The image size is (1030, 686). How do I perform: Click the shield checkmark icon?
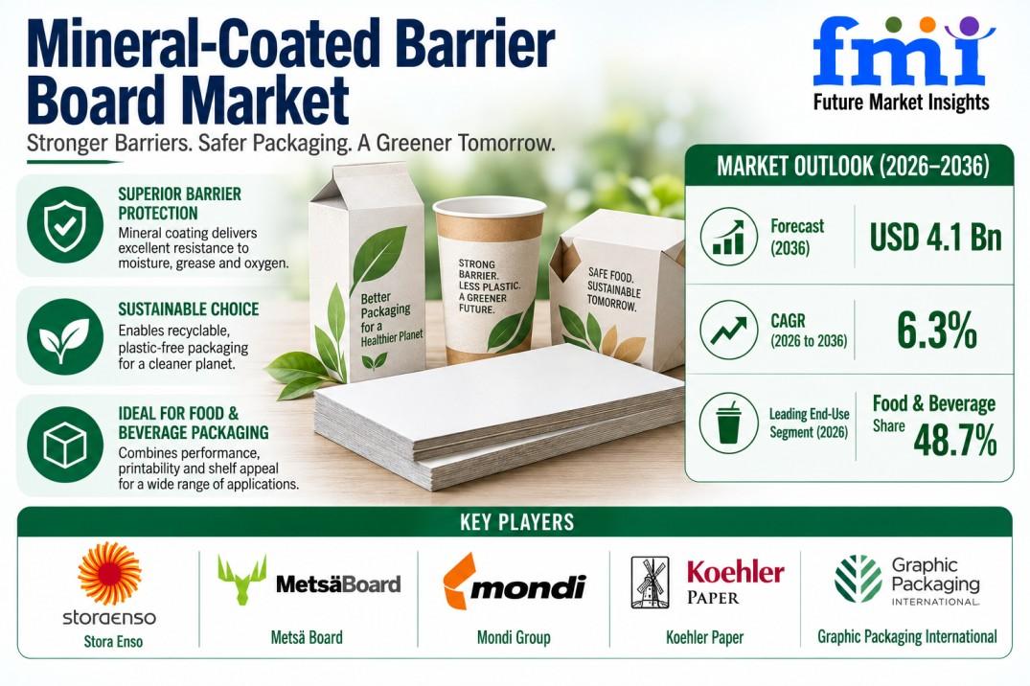pyautogui.click(x=65, y=225)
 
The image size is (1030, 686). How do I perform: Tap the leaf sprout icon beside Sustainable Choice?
pyautogui.click(x=65, y=335)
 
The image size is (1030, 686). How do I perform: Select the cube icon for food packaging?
pyautogui.click(x=65, y=445)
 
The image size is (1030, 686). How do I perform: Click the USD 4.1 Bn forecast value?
pyautogui.click(x=935, y=237)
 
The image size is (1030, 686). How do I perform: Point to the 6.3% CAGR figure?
pyautogui.click(x=937, y=330)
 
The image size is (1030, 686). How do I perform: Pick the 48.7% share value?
pyautogui.click(x=955, y=440)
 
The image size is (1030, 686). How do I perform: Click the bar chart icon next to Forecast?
pyautogui.click(x=729, y=237)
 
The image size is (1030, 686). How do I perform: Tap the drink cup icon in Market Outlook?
pyautogui.click(x=729, y=423)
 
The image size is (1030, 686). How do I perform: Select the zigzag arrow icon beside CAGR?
pyautogui.click(x=729, y=330)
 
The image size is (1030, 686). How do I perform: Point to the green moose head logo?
pyautogui.click(x=242, y=580)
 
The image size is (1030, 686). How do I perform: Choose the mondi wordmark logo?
pyautogui.click(x=515, y=583)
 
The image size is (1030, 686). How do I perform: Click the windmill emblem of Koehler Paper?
pyautogui.click(x=650, y=583)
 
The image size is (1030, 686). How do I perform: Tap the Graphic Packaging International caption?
pyautogui.click(x=907, y=636)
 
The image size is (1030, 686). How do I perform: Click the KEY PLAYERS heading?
pyautogui.click(x=517, y=522)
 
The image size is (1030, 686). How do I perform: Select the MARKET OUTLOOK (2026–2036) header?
pyautogui.click(x=853, y=166)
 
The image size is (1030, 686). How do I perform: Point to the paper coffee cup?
pyautogui.click(x=490, y=280)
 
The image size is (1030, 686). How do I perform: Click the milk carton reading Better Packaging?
pyautogui.click(x=367, y=282)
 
